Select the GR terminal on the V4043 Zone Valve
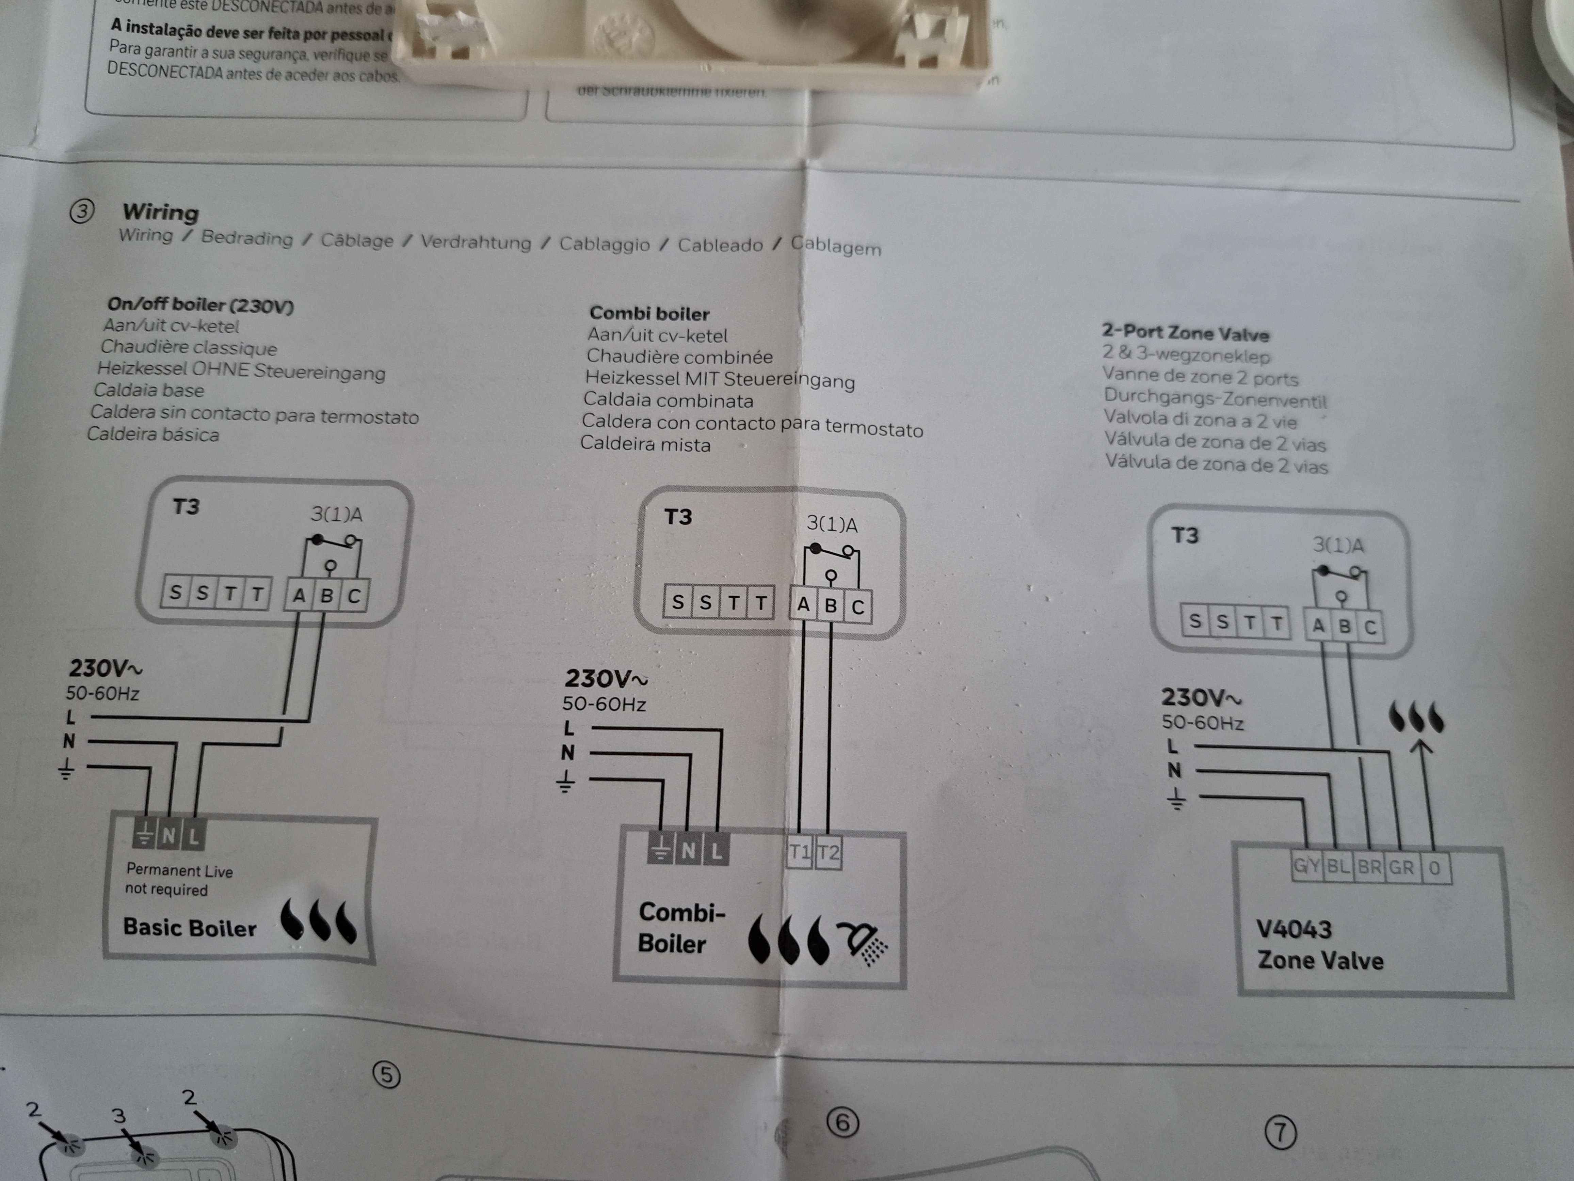1401,867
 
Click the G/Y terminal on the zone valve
1306,866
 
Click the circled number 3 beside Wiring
82,211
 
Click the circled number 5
386,1074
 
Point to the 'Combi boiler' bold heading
649,313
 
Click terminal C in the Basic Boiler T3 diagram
354,596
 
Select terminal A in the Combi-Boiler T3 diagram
803,605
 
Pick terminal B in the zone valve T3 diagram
1344,627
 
